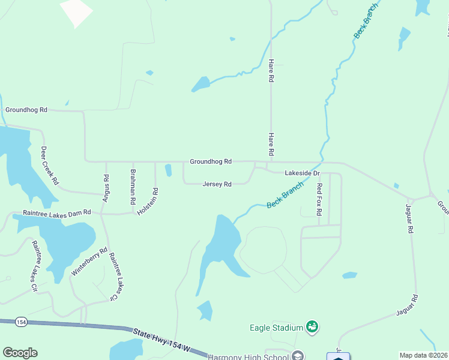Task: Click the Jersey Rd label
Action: (x=217, y=184)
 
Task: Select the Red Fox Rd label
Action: (x=319, y=199)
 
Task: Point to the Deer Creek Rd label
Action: (x=50, y=165)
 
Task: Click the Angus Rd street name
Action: (x=106, y=187)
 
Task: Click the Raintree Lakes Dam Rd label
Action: (x=56, y=212)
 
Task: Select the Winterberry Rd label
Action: (x=89, y=262)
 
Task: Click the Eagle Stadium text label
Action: (x=276, y=328)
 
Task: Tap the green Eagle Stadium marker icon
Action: (x=312, y=327)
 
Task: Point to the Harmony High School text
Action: (x=248, y=356)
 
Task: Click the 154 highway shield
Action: (x=22, y=322)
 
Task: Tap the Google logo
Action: (x=20, y=353)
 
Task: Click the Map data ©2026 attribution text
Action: (x=423, y=355)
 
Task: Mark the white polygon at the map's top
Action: (x=76, y=11)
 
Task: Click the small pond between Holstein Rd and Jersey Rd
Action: (x=168, y=170)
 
